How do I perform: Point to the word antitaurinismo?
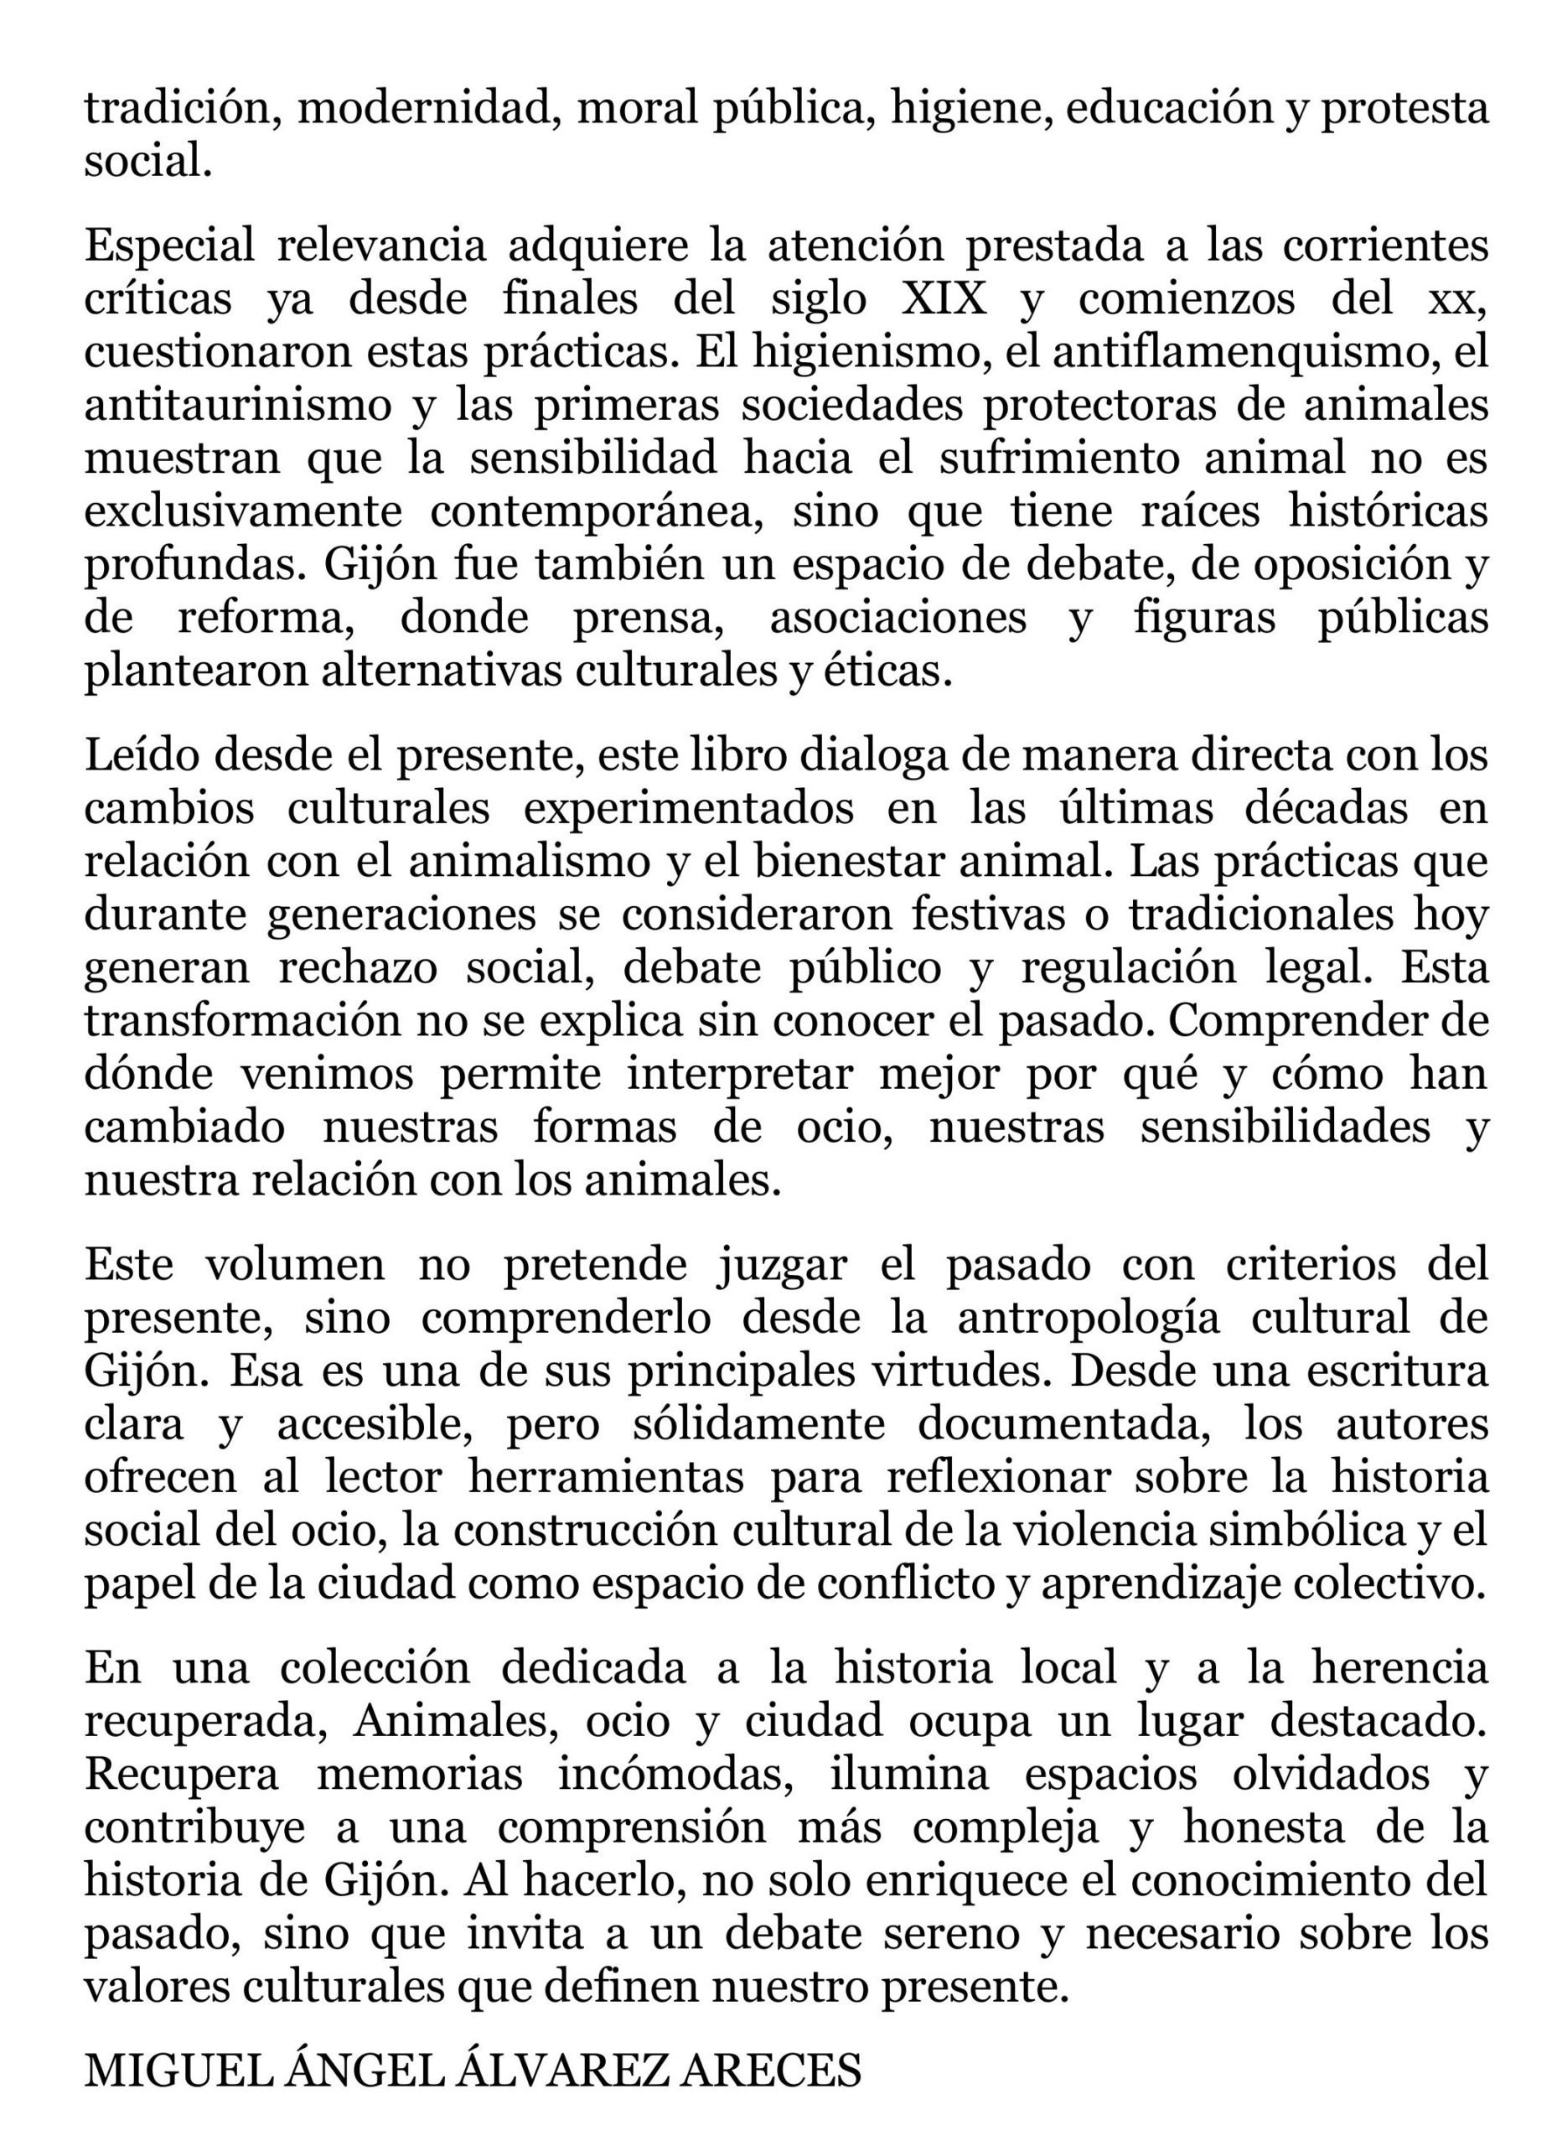237,405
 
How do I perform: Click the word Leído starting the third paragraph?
141,755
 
